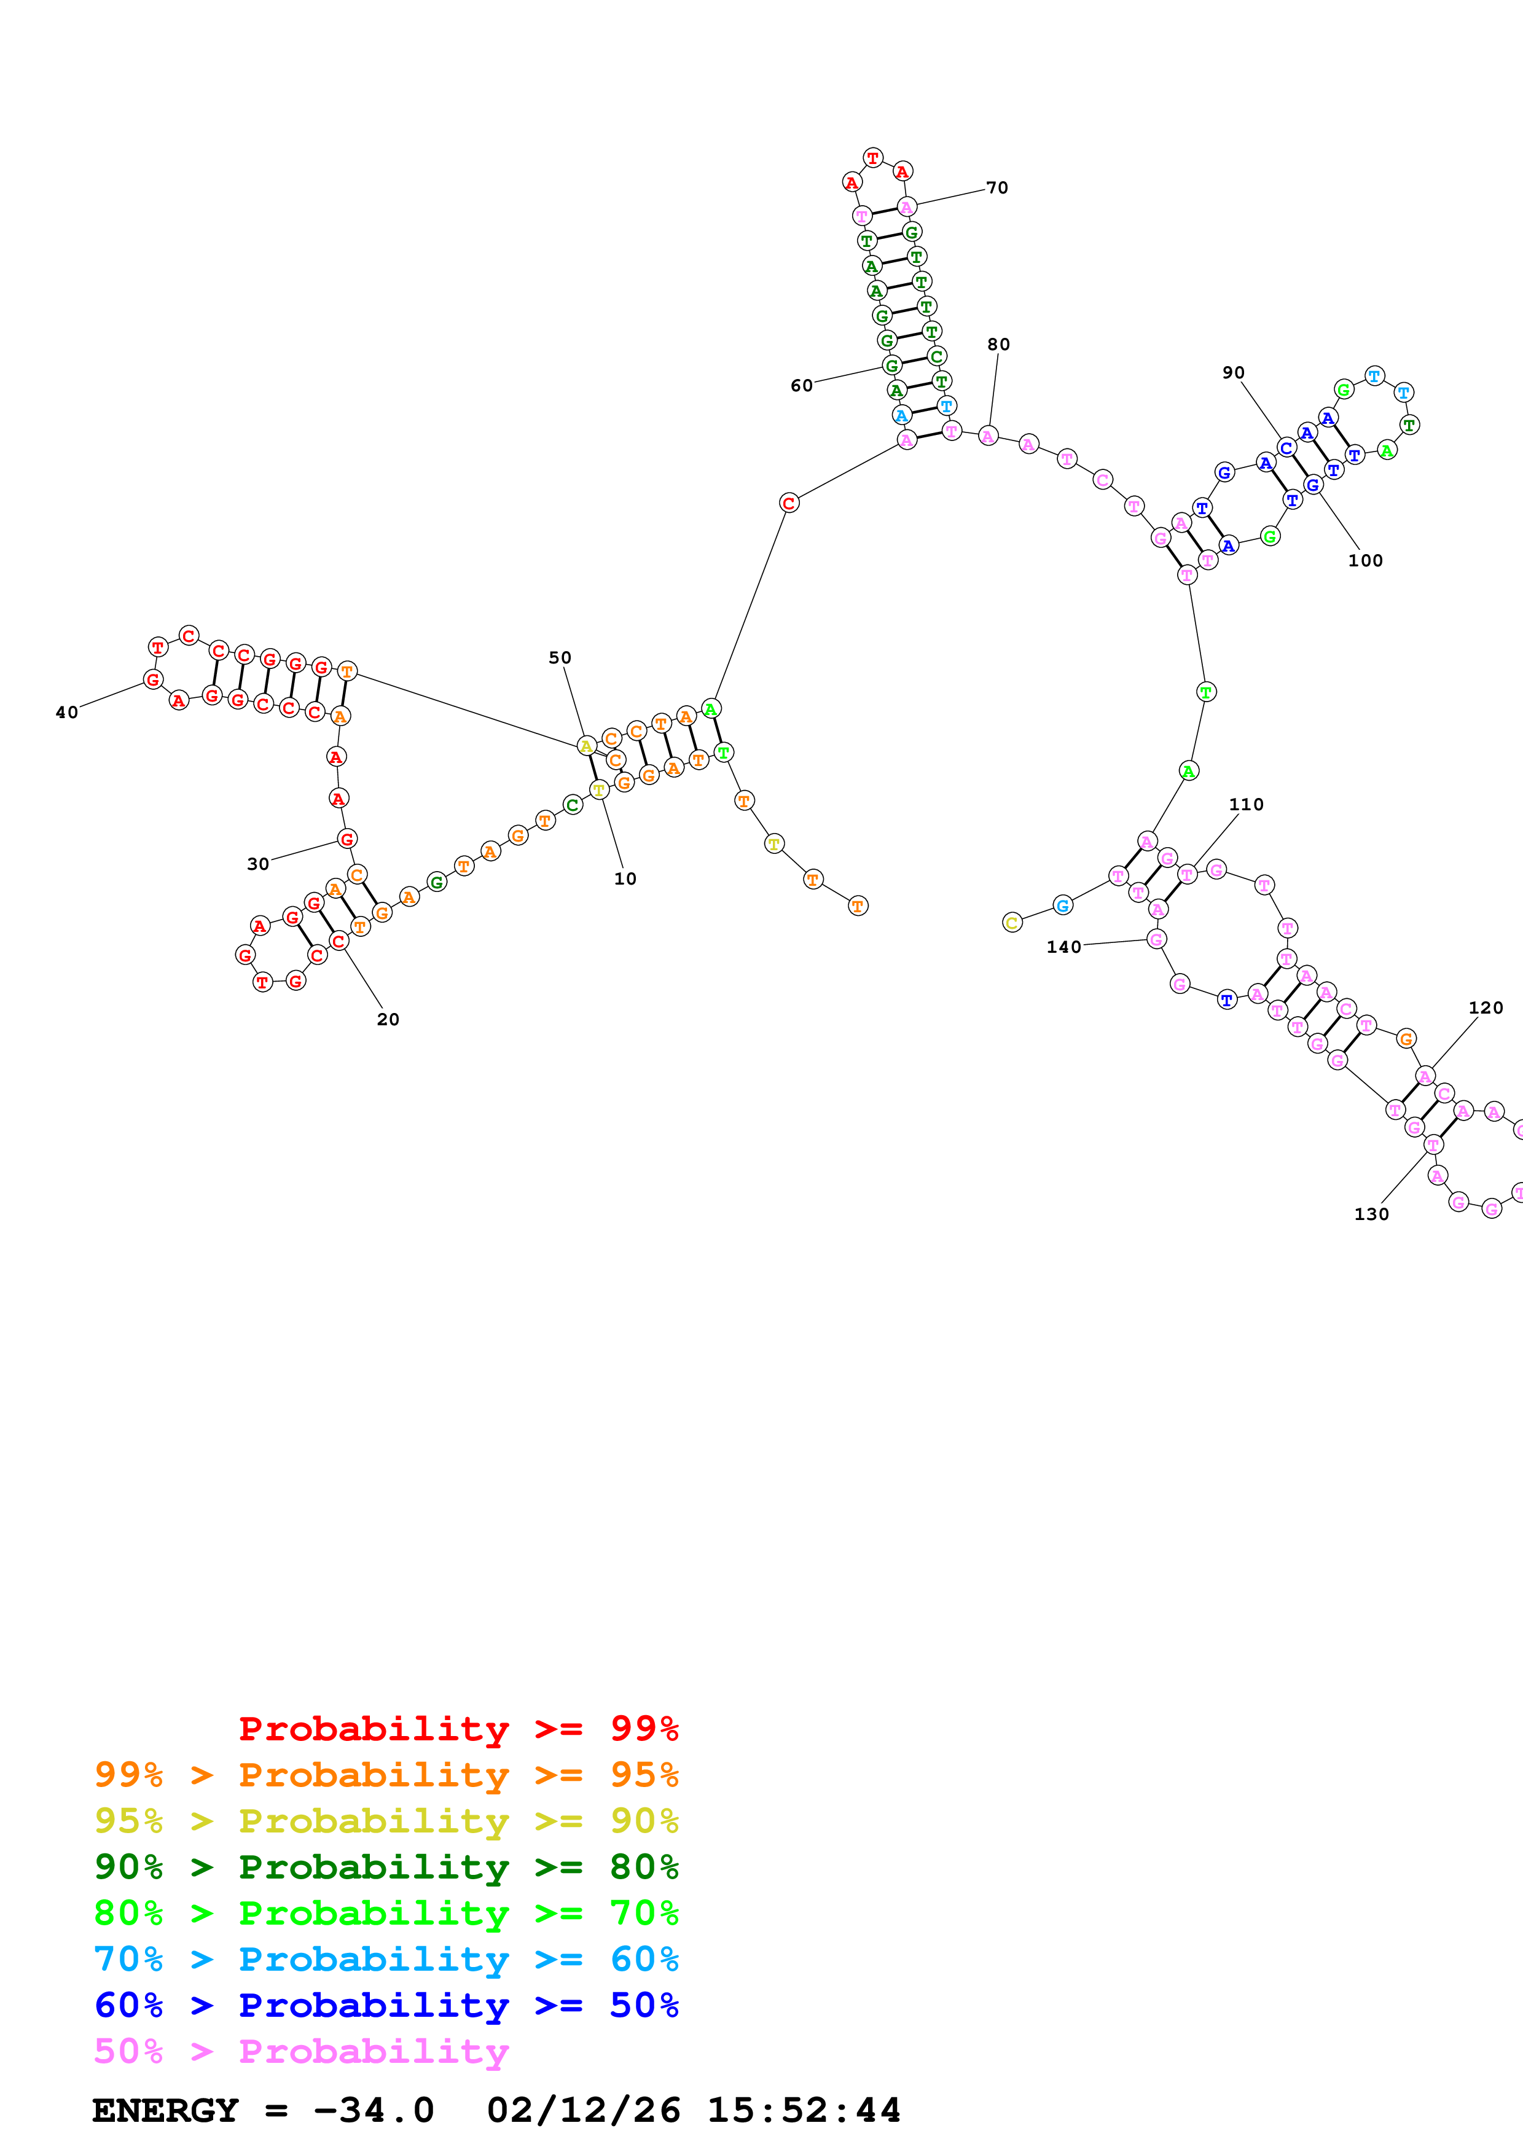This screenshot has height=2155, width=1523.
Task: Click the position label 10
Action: click(625, 878)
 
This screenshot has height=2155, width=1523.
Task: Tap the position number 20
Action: click(388, 1019)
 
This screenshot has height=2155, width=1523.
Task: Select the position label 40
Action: click(66, 713)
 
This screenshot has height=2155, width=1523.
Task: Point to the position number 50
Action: click(560, 658)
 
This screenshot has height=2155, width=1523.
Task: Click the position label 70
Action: click(996, 188)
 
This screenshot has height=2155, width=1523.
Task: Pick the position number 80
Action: click(998, 345)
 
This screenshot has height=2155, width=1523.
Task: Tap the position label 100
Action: click(1365, 560)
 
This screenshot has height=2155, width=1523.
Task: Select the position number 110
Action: click(1246, 804)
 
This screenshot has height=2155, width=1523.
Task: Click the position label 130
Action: click(1371, 1214)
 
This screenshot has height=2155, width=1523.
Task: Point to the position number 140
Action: click(1064, 947)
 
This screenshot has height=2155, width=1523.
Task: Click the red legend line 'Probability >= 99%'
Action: click(458, 1728)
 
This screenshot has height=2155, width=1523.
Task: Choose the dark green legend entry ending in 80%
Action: click(386, 1867)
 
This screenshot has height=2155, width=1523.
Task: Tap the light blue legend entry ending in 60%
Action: click(386, 1959)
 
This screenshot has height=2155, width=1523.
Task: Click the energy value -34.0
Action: click(374, 2111)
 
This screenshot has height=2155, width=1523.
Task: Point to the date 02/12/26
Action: click(584, 2111)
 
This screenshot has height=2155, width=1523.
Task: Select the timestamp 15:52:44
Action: click(803, 2111)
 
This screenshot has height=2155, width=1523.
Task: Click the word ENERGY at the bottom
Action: click(165, 2111)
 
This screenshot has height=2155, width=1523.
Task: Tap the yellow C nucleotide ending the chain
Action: click(1012, 923)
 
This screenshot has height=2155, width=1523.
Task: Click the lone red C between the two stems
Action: click(789, 503)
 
